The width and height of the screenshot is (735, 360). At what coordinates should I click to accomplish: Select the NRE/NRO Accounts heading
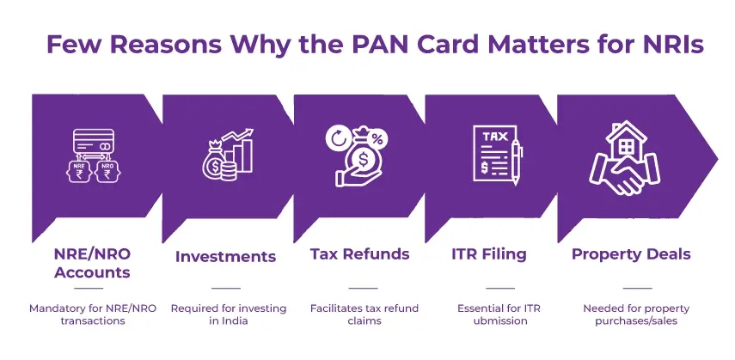click(92, 263)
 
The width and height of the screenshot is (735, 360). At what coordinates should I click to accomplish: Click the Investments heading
click(225, 256)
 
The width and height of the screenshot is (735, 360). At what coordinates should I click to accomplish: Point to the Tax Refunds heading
click(359, 254)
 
